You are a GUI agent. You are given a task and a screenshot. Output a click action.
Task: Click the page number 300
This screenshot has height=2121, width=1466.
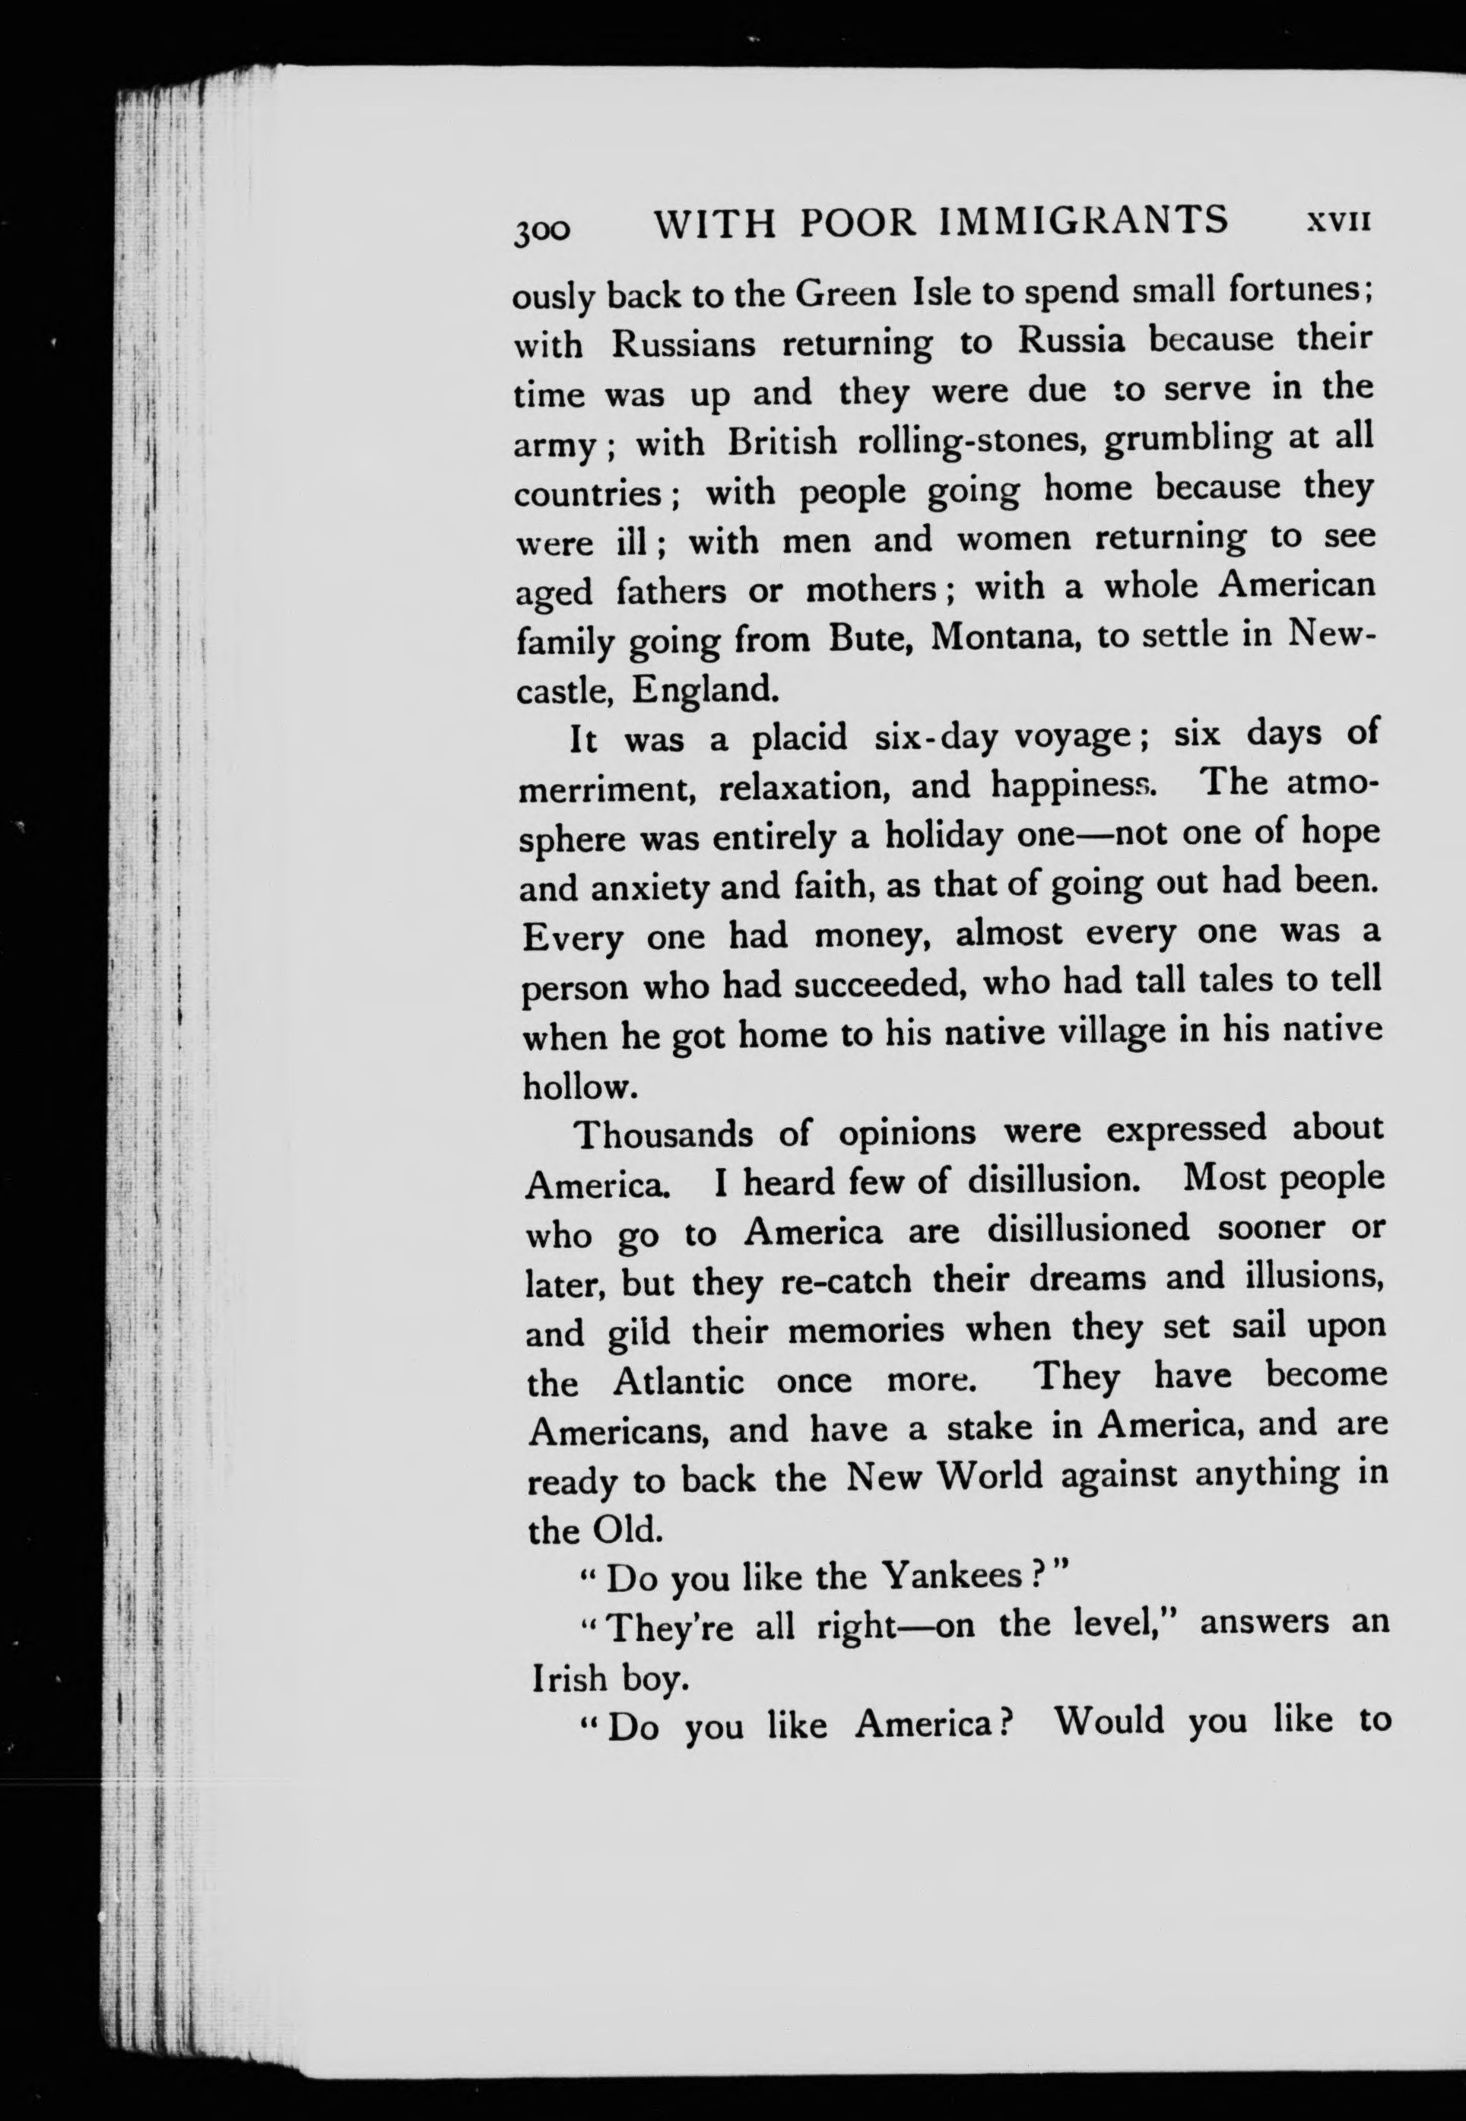click(542, 229)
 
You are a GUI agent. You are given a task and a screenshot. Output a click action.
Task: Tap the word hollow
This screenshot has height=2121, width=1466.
click(579, 1086)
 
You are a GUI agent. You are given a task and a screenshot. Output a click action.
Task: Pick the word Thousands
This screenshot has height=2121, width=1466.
click(663, 1135)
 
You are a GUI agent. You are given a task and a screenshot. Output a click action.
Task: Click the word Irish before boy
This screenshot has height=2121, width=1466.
click(570, 1678)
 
